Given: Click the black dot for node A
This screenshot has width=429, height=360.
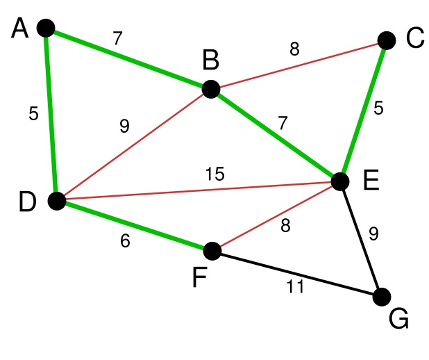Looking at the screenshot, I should [45, 28].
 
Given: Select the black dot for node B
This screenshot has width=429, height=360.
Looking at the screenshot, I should [211, 89].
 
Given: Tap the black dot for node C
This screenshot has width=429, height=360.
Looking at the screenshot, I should [387, 40].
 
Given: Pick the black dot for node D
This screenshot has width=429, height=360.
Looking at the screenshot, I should [57, 202].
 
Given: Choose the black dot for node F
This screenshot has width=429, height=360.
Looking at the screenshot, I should [212, 251].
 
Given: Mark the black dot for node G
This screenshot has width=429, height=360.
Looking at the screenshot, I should [382, 297].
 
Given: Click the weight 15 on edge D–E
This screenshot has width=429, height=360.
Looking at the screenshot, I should [214, 174].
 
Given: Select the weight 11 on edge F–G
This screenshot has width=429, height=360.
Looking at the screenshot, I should [295, 286].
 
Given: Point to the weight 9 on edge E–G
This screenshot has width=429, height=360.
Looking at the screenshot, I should [373, 234].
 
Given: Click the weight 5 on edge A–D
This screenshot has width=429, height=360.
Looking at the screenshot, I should [33, 114].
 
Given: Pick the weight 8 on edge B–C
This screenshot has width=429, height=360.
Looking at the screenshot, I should [294, 49].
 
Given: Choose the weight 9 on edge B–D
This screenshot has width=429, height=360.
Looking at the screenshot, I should [124, 126].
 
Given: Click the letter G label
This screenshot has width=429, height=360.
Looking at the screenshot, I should [398, 320].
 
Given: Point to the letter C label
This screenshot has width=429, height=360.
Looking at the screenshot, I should [414, 39].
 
